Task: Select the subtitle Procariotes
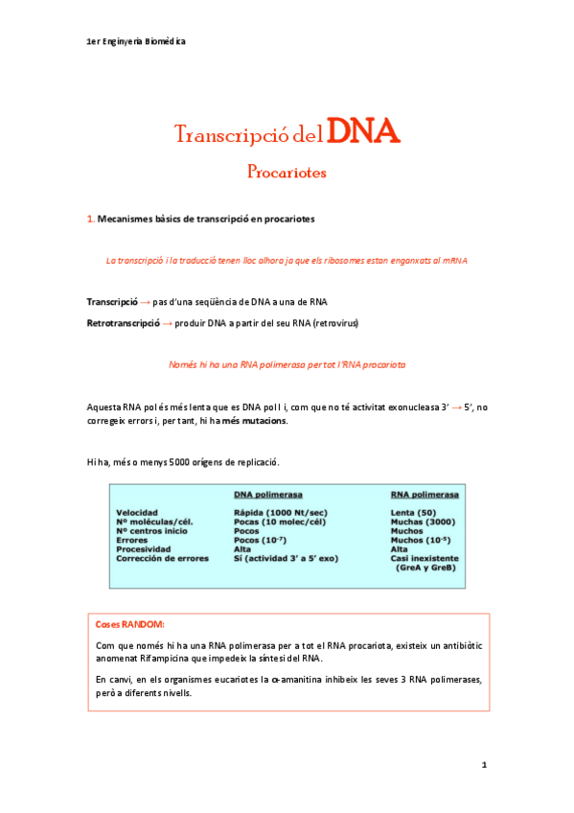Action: [287, 174]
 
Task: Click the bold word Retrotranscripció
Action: [123, 323]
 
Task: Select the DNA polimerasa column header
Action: [268, 496]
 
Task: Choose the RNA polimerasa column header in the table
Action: [424, 496]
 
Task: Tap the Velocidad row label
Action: [137, 513]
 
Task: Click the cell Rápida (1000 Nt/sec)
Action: [281, 513]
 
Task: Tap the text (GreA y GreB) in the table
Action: [426, 568]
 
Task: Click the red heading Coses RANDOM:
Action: [130, 624]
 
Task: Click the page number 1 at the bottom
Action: [485, 765]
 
